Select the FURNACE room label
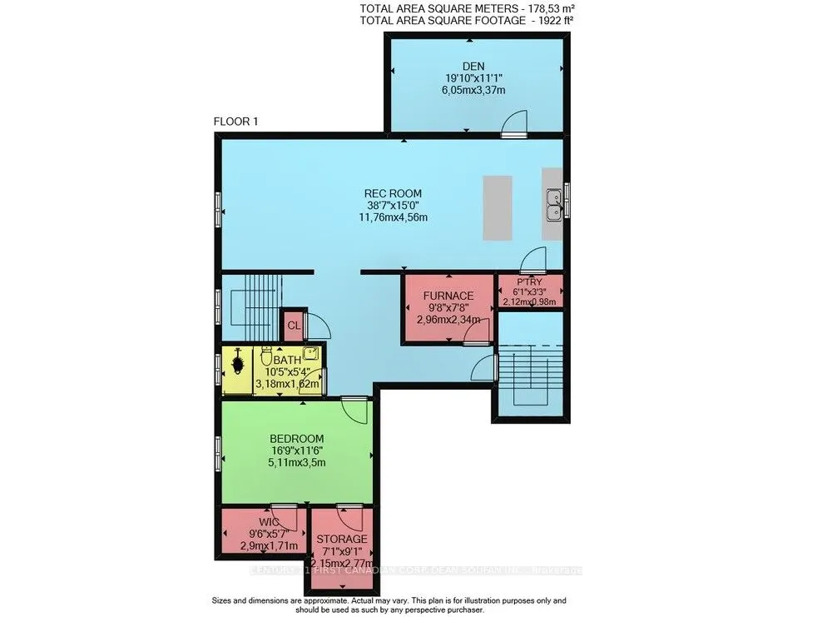448,296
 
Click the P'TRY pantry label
530,281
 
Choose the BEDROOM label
296,438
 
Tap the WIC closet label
257,521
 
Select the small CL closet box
294,323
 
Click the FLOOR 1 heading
236,122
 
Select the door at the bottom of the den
514,125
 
